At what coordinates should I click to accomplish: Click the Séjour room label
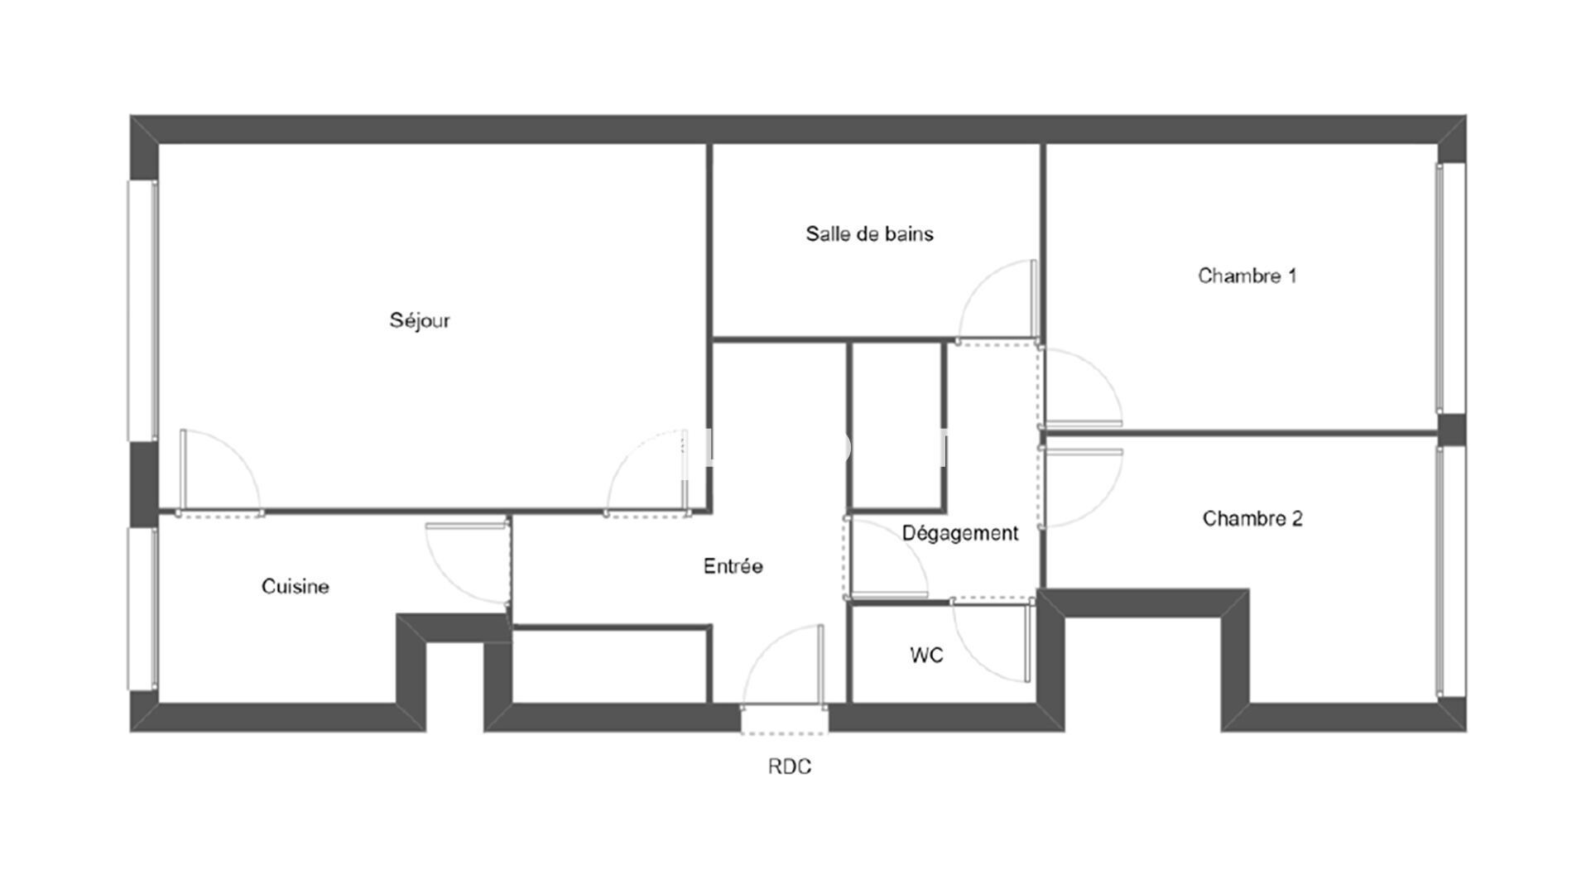click(x=420, y=320)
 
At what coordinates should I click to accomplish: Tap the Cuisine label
click(x=296, y=587)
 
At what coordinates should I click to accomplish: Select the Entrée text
click(x=733, y=566)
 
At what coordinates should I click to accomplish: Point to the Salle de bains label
click(x=869, y=234)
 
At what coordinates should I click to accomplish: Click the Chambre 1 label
click(x=1247, y=276)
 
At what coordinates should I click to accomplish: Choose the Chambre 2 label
click(x=1252, y=519)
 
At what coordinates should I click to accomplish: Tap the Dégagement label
click(x=960, y=534)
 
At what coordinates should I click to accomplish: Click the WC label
click(x=926, y=656)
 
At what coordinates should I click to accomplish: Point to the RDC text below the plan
click(x=790, y=767)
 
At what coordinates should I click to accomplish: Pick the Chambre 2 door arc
click(x=1098, y=505)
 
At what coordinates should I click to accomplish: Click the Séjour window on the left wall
click(x=142, y=310)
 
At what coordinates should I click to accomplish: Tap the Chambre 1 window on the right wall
click(x=1451, y=287)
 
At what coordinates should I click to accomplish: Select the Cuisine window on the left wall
click(x=142, y=608)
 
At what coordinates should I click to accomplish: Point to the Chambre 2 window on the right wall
click(x=1451, y=571)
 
